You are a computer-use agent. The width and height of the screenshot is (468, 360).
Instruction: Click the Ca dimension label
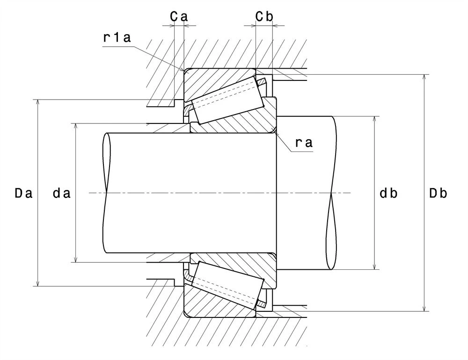179,17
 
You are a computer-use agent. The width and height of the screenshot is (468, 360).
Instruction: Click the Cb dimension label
264,17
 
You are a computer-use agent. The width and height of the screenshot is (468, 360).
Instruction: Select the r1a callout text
117,37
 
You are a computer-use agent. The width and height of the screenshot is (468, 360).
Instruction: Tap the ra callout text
304,143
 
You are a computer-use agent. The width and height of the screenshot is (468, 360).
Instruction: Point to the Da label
23,194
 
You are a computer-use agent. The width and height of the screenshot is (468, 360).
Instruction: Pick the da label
62,194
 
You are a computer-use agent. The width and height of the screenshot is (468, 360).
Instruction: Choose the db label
388,194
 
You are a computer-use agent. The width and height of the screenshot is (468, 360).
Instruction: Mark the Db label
438,194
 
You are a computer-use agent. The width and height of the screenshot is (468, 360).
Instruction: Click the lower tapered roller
229,285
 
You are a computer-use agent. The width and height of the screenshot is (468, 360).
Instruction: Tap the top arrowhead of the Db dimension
424,77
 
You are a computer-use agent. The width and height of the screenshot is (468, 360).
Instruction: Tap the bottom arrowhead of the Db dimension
424,309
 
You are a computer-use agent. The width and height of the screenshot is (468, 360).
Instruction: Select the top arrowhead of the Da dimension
37,102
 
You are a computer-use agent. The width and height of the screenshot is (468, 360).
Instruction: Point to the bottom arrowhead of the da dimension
76,259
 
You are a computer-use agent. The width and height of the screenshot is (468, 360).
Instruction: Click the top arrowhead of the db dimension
375,120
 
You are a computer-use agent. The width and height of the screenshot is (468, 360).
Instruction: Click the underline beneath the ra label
302,151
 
